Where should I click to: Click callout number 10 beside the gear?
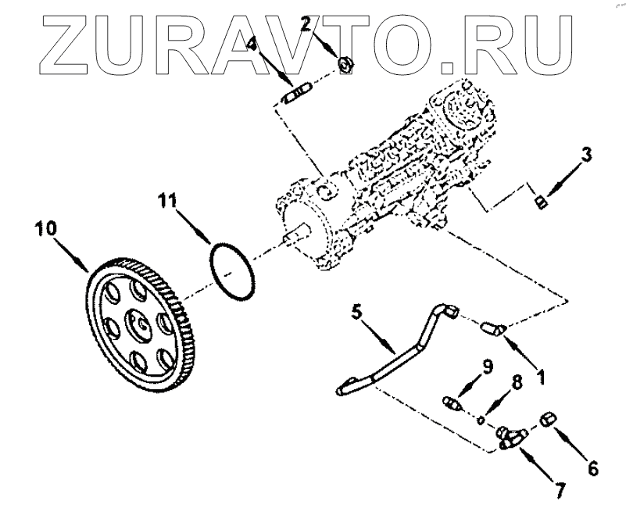(x=45, y=229)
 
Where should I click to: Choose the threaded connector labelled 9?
(x=450, y=404)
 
